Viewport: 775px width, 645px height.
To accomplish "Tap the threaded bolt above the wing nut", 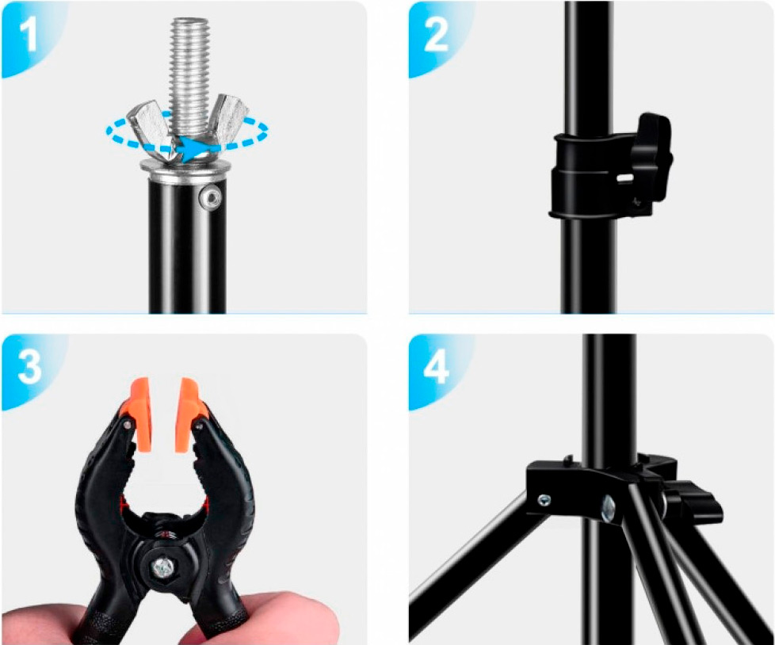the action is click(190, 74).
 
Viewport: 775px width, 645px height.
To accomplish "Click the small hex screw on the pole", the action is click(211, 198).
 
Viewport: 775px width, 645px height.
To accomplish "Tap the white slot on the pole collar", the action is click(626, 177).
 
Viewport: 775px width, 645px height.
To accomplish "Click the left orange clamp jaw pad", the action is click(141, 414).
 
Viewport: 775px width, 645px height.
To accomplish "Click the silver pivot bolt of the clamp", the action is click(163, 568).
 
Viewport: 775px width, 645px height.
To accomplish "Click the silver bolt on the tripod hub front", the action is click(608, 509).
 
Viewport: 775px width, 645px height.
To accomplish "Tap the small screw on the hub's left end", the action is click(544, 500).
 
